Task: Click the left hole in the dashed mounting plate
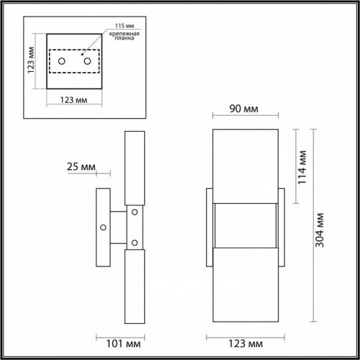(63, 62)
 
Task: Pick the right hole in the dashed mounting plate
(87, 62)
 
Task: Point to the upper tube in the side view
(134, 167)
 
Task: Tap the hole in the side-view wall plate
(104, 227)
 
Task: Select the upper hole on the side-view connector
(134, 212)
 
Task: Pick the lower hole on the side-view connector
(134, 241)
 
